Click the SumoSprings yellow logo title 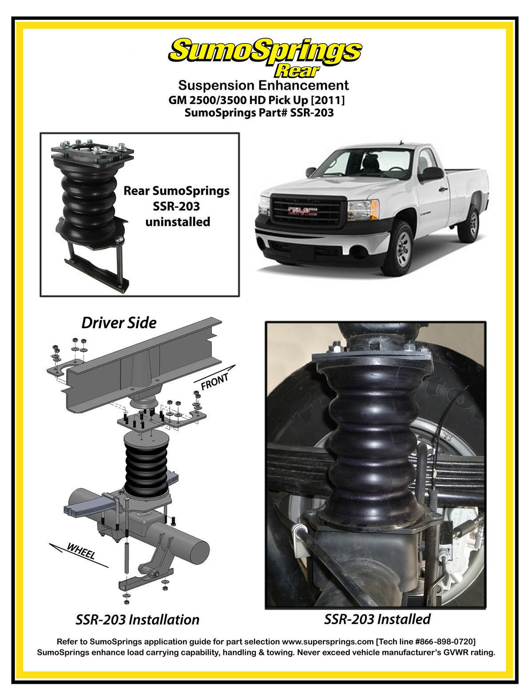pyautogui.click(x=265, y=51)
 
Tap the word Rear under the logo pyautogui.click(x=297, y=71)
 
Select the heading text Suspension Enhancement pyautogui.click(x=263, y=85)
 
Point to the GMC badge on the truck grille pyautogui.click(x=302, y=211)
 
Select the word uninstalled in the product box pyautogui.click(x=178, y=222)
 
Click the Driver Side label pyautogui.click(x=119, y=323)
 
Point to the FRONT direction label pyautogui.click(x=215, y=381)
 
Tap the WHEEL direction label pyautogui.click(x=81, y=551)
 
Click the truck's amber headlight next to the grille pyautogui.click(x=363, y=210)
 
